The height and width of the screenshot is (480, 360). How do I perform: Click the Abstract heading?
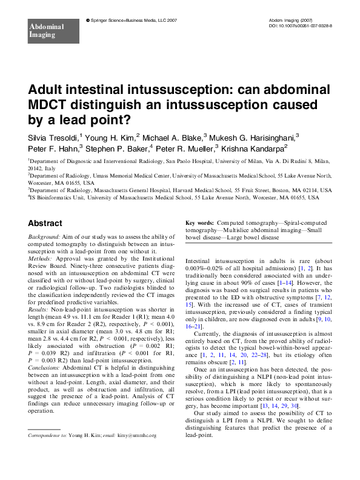(45, 223)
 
